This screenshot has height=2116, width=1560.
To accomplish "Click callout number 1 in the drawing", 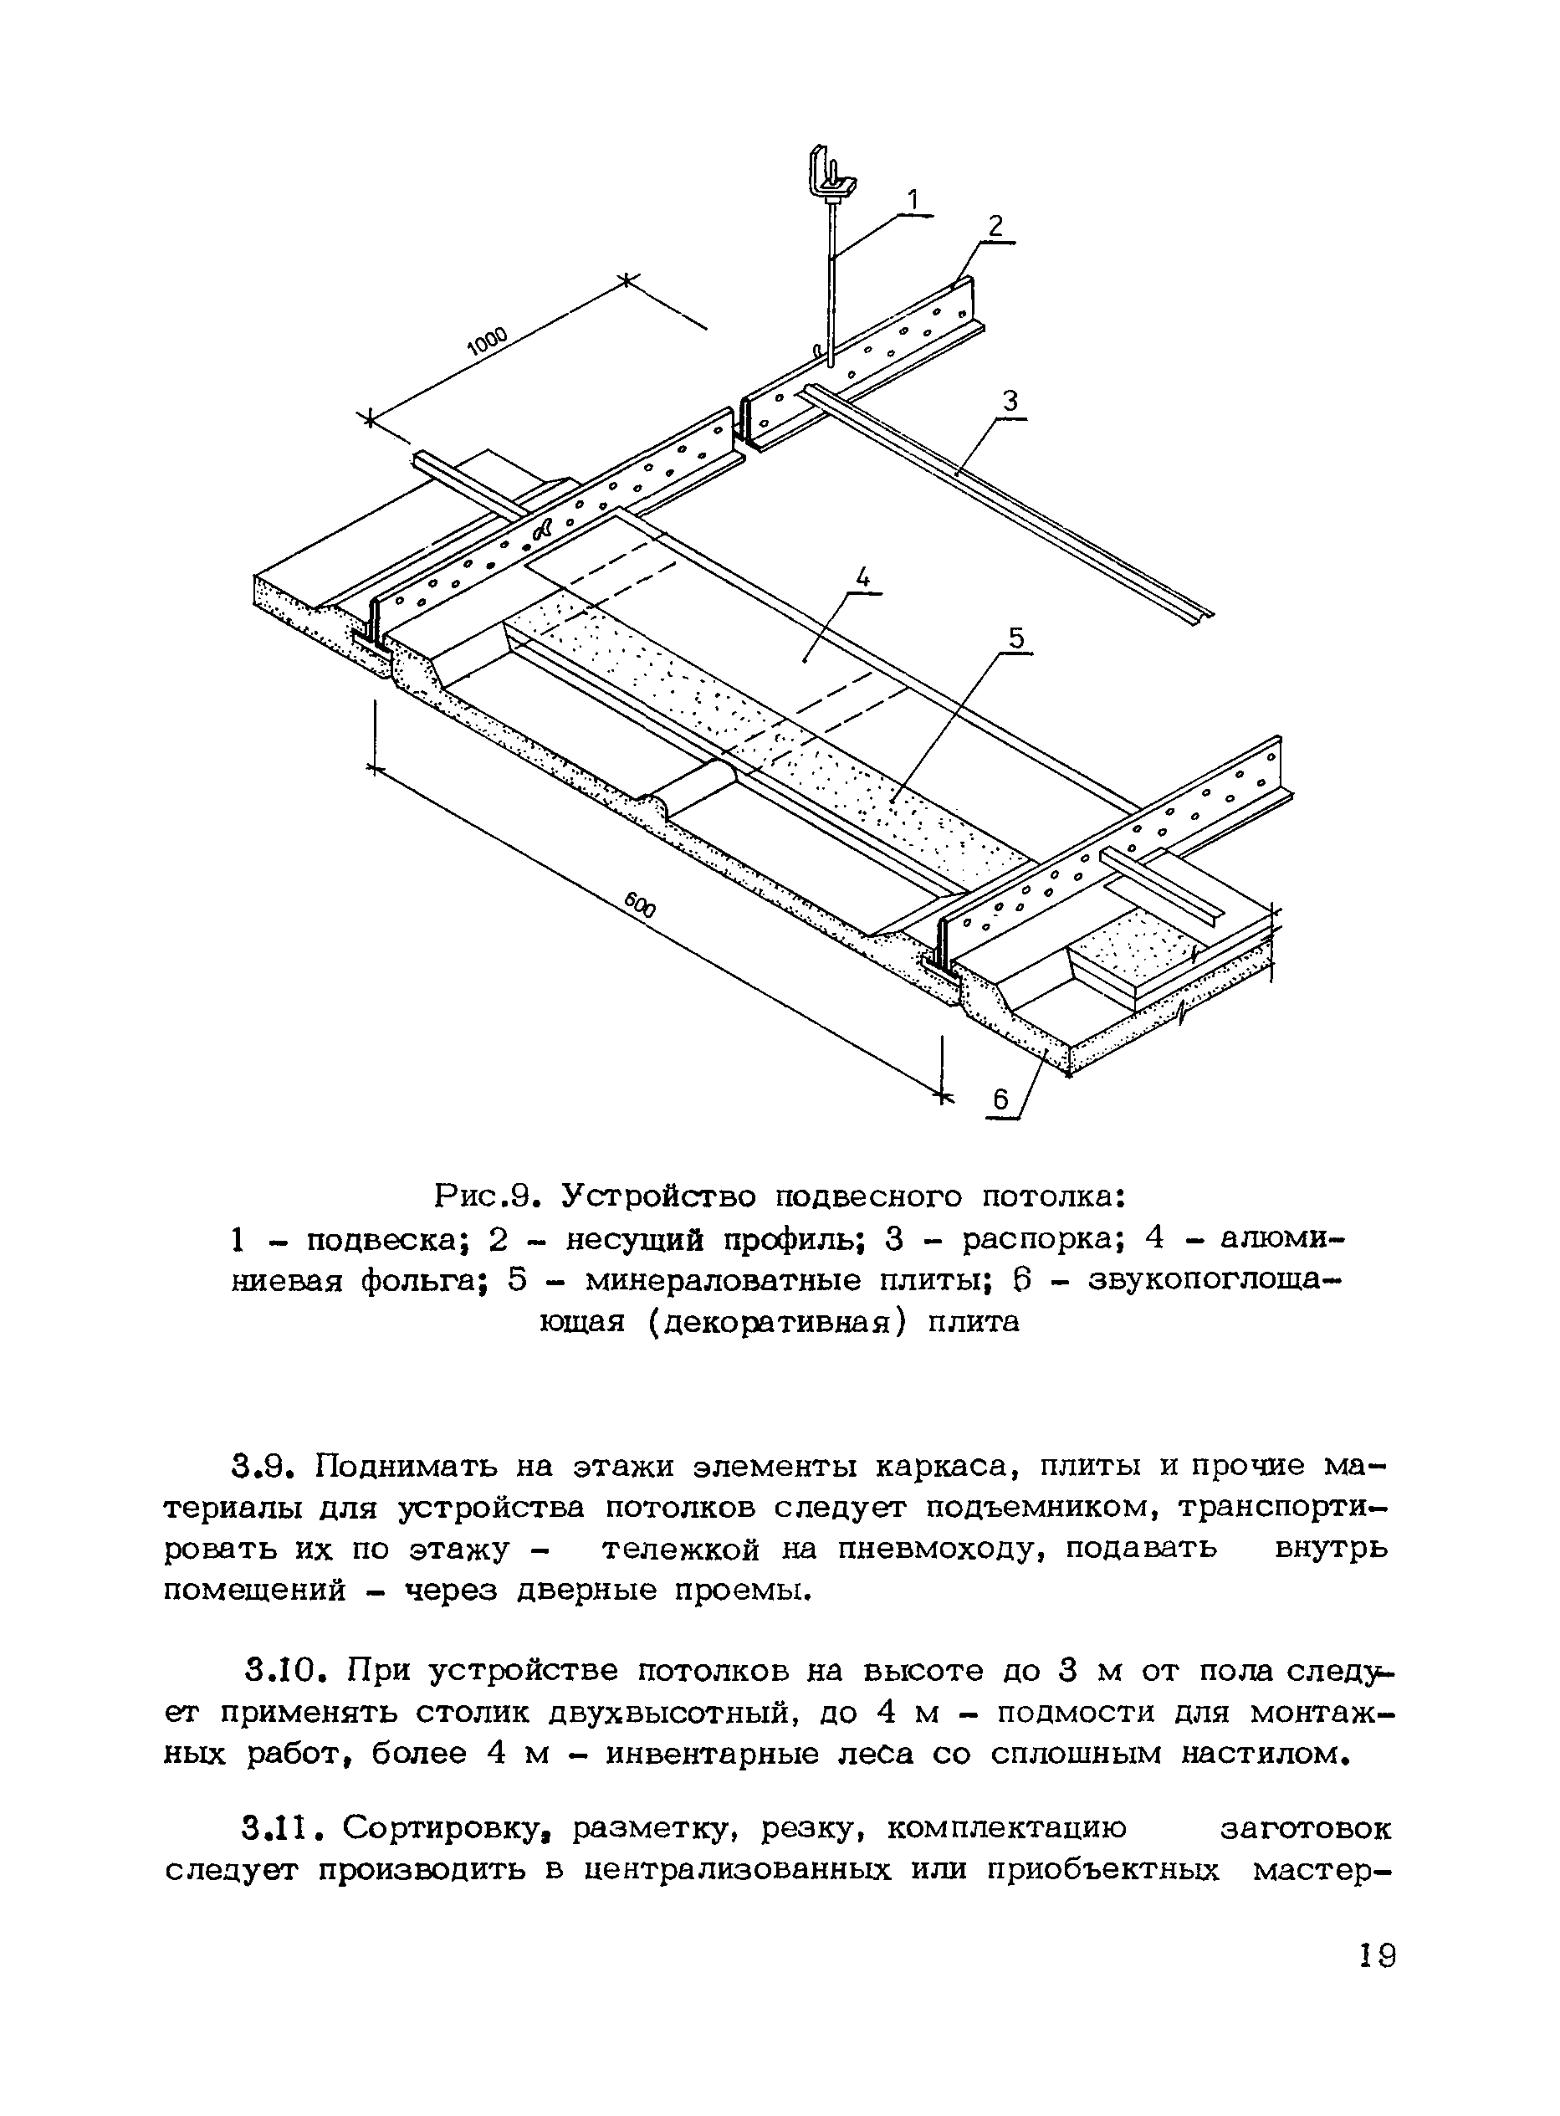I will pyautogui.click(x=913, y=199).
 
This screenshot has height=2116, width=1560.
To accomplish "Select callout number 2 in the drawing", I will pyautogui.click(x=995, y=226).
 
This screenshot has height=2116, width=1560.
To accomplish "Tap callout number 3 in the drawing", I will pyautogui.click(x=1010, y=401).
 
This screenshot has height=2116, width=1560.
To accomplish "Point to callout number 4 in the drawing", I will pyautogui.click(x=862, y=576).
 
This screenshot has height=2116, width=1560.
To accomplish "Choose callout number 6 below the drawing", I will pyautogui.click(x=1001, y=1099).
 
